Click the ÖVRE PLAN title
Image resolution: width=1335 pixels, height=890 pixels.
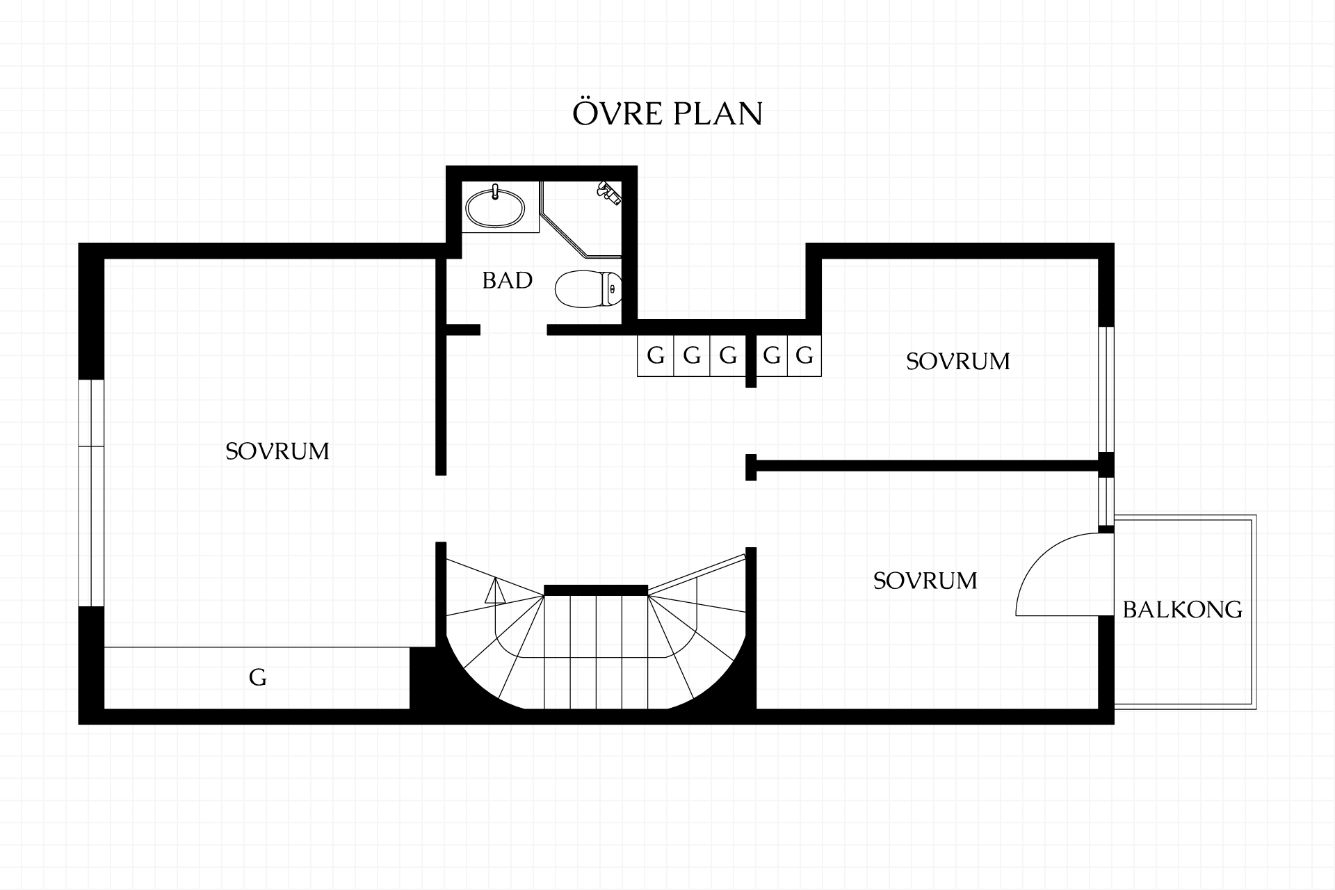pyautogui.click(x=667, y=113)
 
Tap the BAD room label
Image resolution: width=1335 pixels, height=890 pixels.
pyautogui.click(x=507, y=280)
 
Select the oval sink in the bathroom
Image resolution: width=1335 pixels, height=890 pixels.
pyautogui.click(x=495, y=206)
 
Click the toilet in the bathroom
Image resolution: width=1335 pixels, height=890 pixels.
pyautogui.click(x=588, y=289)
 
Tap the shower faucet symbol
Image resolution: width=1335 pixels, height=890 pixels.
pyautogui.click(x=609, y=193)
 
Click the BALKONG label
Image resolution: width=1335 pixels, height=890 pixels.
pyautogui.click(x=1182, y=610)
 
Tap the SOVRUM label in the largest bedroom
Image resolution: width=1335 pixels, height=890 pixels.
pyautogui.click(x=277, y=451)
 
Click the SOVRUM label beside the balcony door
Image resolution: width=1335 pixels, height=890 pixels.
pyautogui.click(x=925, y=581)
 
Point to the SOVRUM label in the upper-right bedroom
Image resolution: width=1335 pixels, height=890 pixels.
pyautogui.click(x=957, y=362)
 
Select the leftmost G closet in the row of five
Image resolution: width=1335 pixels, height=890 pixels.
pyautogui.click(x=656, y=356)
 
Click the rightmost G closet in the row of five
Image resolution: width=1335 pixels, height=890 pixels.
pyautogui.click(x=804, y=356)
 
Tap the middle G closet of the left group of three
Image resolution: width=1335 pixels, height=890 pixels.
pyautogui.click(x=692, y=356)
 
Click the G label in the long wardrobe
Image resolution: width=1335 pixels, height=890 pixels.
pyautogui.click(x=257, y=677)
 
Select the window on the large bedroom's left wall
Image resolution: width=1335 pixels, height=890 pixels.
pyautogui.click(x=91, y=493)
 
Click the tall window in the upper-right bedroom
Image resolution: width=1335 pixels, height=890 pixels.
pyautogui.click(x=1106, y=389)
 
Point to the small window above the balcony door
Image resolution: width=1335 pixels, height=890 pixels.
pyautogui.click(x=1106, y=501)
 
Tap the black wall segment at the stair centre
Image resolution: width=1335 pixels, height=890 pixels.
pyautogui.click(x=596, y=590)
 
